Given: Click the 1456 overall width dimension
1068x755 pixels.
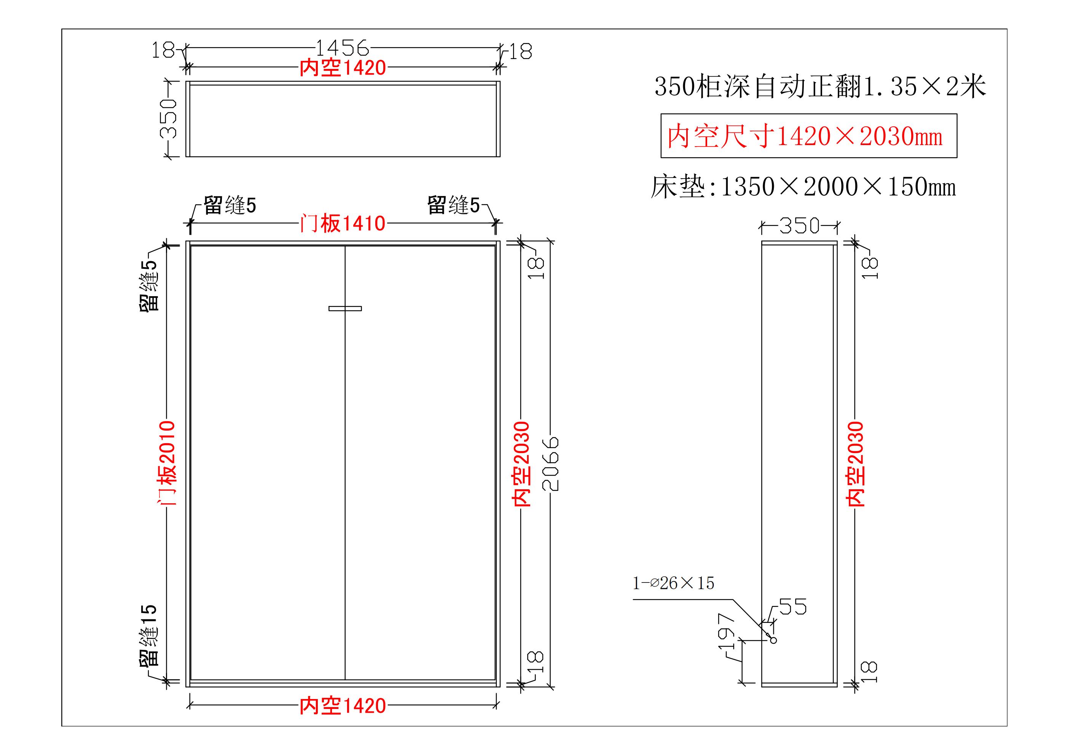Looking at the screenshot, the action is [x=342, y=48].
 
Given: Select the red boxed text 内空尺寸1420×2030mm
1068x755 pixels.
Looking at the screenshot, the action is [x=808, y=136].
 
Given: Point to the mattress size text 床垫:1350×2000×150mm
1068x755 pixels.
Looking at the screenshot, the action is [x=803, y=187].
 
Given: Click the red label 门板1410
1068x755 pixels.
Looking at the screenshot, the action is [x=342, y=224].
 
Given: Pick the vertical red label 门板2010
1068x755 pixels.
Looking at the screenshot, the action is [x=167, y=463].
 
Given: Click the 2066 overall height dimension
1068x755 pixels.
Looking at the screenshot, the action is [x=551, y=463].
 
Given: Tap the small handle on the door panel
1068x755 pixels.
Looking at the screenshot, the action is [x=345, y=308].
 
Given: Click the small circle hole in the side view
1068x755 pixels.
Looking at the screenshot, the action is [x=773, y=640].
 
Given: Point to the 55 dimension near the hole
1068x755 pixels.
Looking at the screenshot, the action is [x=793, y=607].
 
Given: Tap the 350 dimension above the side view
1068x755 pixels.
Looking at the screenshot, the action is [x=799, y=226].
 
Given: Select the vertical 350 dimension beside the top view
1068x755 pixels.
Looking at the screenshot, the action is [x=168, y=119].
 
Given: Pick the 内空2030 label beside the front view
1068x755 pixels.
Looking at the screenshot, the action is [x=521, y=464].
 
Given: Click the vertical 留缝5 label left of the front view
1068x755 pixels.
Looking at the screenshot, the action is [x=149, y=285].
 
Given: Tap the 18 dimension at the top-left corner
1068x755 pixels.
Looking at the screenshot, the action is [x=163, y=50].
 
